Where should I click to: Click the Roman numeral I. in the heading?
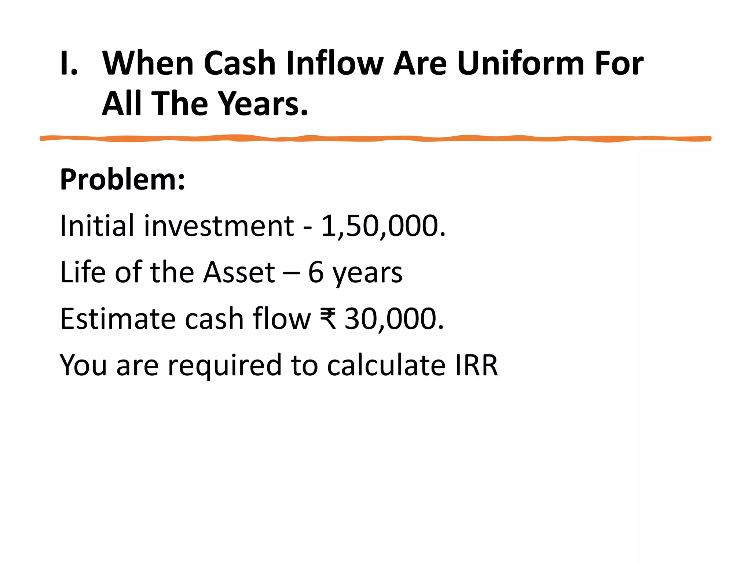pos(69,63)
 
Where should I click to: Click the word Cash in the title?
pos(239,63)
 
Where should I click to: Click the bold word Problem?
pos(122,180)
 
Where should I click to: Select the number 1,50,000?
pos(383,225)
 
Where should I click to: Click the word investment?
pos(219,225)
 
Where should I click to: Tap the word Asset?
pos(239,272)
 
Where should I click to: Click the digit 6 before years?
pos(316,272)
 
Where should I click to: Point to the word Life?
pos(83,272)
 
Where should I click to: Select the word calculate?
pos(386,365)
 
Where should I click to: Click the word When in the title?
pos(148,63)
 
